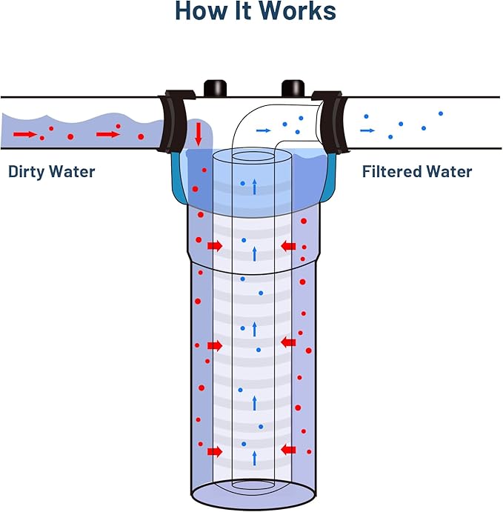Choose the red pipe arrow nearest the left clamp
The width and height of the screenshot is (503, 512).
point(107,134)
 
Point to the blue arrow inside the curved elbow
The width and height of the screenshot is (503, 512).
point(263,130)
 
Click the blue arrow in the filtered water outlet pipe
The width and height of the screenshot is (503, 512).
point(367,130)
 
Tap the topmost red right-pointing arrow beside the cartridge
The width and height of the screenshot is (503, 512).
point(215,245)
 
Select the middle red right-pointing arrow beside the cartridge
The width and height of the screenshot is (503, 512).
point(215,345)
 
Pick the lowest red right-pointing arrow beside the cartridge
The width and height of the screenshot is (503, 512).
point(215,451)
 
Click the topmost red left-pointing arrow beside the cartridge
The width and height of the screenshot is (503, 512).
point(289,245)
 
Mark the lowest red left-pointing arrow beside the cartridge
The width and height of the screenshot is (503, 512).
point(289,448)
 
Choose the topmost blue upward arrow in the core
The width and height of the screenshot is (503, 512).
point(254,187)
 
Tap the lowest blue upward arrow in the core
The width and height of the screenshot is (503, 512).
point(254,458)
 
